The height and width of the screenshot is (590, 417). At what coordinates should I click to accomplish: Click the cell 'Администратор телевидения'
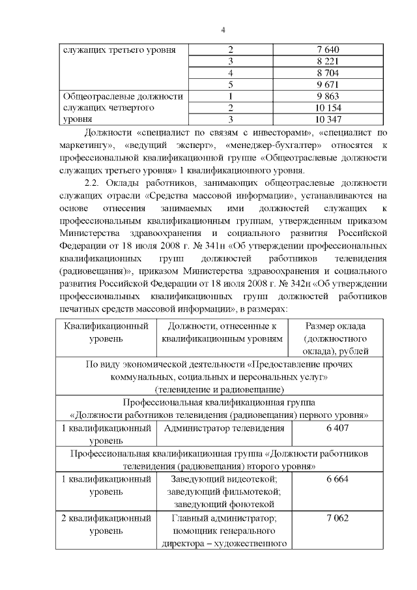[x=224, y=428]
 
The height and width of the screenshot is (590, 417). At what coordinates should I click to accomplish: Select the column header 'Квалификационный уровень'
[x=106, y=332]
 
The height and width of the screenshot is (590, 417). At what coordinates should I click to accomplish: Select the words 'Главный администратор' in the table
[x=225, y=518]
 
